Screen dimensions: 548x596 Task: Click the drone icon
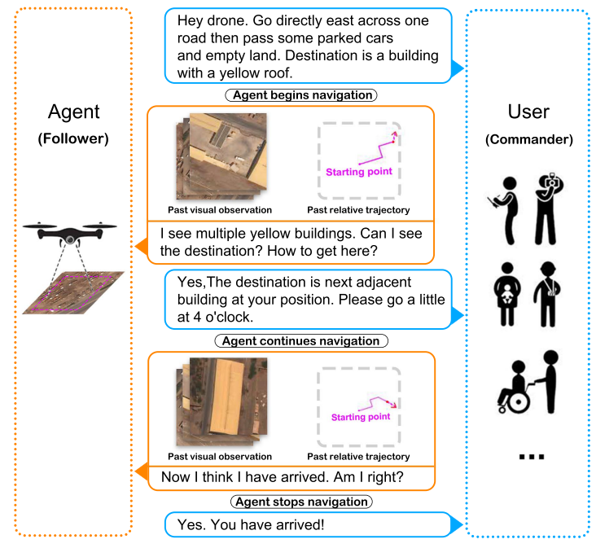(70, 233)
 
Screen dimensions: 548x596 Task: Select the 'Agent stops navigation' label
(300, 502)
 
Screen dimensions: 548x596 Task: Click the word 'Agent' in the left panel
(73, 112)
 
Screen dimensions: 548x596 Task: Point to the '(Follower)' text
(73, 138)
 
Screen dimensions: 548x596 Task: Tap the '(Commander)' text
(528, 139)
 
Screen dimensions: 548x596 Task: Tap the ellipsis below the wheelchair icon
(530, 457)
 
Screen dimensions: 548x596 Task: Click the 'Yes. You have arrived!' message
(267, 524)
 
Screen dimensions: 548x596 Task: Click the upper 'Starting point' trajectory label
(358, 172)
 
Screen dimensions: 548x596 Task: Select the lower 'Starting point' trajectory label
(361, 417)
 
